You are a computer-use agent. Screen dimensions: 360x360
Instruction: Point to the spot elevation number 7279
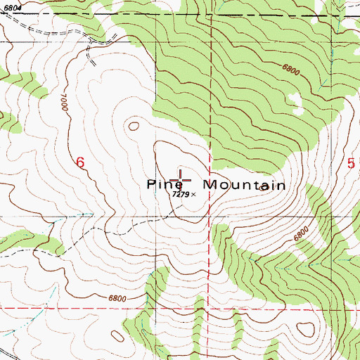point(181,194)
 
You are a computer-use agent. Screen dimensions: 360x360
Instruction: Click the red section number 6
point(80,162)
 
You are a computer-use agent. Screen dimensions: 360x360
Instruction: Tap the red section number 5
point(351,162)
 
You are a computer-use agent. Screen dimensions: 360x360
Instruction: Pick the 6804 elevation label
point(11,6)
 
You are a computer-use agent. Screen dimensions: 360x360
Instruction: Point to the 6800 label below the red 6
point(119,298)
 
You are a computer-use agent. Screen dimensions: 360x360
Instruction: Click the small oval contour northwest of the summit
point(131,127)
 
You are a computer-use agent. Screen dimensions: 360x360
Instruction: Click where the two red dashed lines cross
point(211,308)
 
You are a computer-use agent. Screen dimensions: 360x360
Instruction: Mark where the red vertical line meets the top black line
point(211,15)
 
